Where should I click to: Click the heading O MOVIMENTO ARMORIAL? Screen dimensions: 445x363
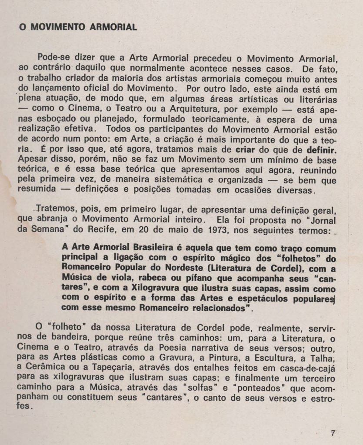78,27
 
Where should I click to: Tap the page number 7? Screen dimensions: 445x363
333,432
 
